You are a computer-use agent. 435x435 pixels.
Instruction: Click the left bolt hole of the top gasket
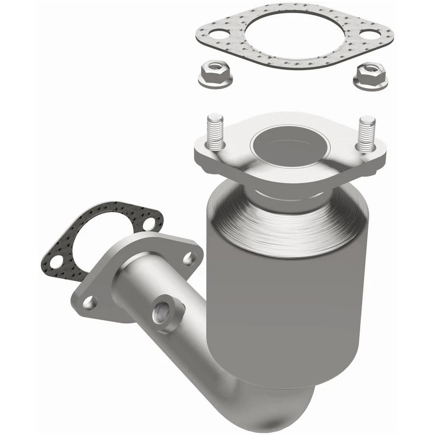[219, 34]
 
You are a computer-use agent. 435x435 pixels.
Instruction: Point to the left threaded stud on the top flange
[215, 131]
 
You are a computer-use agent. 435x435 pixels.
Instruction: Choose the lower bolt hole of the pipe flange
[90, 303]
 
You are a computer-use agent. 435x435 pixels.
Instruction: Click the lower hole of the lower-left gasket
[57, 261]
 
